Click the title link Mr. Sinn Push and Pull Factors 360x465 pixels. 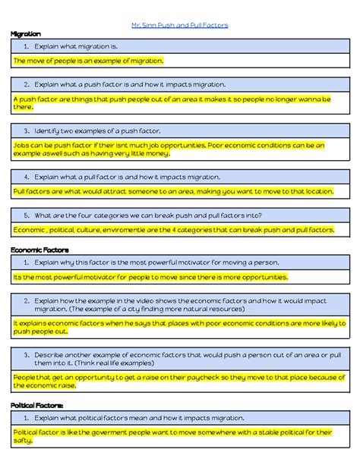coord(179,25)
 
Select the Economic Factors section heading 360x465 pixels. coord(39,249)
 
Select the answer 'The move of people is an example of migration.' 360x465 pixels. coord(89,60)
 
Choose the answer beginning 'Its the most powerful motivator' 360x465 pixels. coord(150,277)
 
